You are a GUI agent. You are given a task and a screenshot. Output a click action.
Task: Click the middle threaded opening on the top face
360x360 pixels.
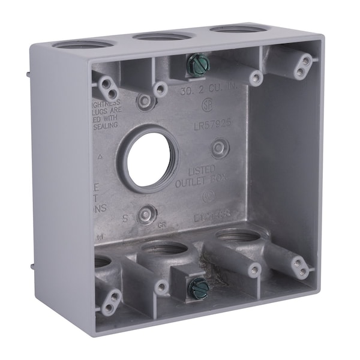click(x=160, y=37)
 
